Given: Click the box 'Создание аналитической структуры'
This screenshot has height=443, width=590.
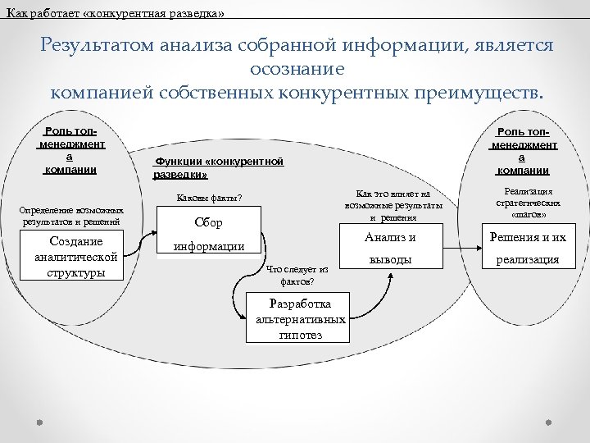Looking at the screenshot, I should pos(75,257).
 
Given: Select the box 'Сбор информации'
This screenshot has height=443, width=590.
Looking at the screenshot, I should pos(208,234).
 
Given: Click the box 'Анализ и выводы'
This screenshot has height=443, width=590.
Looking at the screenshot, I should pos(390,249).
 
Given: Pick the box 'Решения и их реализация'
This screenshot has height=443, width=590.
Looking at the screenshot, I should pos(528,249).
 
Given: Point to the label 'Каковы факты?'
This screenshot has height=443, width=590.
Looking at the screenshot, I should pos(210,198).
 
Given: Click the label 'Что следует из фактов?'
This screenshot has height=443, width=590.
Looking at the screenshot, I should pos(297,275).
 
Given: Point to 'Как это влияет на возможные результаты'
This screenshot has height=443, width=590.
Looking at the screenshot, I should pos(394,205).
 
